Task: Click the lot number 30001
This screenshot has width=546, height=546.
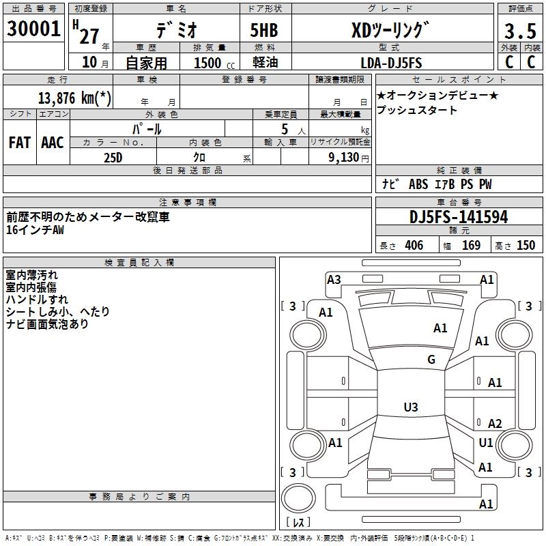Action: click(33, 29)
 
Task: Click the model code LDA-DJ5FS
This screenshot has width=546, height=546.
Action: click(391, 63)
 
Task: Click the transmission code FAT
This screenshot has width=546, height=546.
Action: click(19, 143)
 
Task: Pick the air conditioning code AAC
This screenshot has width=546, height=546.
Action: click(53, 143)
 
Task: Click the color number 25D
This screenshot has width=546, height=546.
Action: click(113, 157)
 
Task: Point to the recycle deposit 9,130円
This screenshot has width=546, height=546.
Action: click(348, 157)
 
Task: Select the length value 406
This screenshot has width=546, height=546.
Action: click(414, 246)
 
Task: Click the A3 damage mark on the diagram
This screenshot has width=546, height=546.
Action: click(334, 279)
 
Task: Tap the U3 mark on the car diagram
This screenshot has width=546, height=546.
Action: click(410, 407)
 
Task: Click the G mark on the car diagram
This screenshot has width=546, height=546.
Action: click(431, 360)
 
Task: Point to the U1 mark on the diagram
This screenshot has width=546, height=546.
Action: click(486, 443)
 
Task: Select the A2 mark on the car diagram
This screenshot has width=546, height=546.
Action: click(495, 424)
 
